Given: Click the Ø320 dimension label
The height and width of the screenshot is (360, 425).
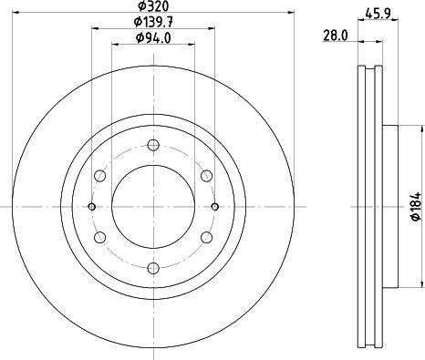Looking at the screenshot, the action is point(153,5).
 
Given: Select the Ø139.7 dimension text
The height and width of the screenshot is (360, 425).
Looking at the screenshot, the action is point(153,21).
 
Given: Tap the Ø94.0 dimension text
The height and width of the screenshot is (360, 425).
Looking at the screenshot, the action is point(153,37).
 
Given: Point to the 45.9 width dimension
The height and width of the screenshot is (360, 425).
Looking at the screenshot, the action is point(378,14).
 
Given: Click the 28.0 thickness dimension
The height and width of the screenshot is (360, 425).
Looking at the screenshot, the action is point(336,36).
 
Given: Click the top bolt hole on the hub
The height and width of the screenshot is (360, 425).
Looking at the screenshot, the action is point(153,145).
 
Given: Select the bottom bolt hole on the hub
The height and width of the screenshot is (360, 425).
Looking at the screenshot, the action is point(153,268).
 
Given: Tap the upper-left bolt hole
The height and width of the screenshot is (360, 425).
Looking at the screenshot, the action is point(100,176).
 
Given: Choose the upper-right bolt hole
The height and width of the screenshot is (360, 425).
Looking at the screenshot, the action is point(206,176).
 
